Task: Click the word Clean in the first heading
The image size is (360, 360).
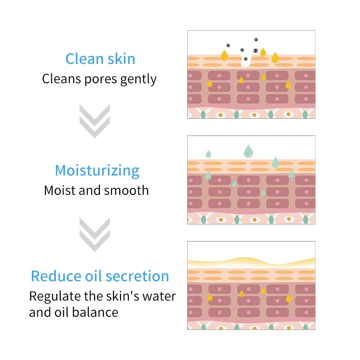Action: coord(84,59)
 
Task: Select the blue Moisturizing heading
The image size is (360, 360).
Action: coord(97,171)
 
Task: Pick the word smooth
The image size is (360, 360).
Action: coord(126,190)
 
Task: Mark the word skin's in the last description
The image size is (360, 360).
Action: coord(124,296)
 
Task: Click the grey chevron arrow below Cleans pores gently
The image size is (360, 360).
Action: coord(94,121)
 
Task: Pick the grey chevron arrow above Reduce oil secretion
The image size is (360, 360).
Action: coord(94,234)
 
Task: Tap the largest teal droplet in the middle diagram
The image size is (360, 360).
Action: coord(248,151)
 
